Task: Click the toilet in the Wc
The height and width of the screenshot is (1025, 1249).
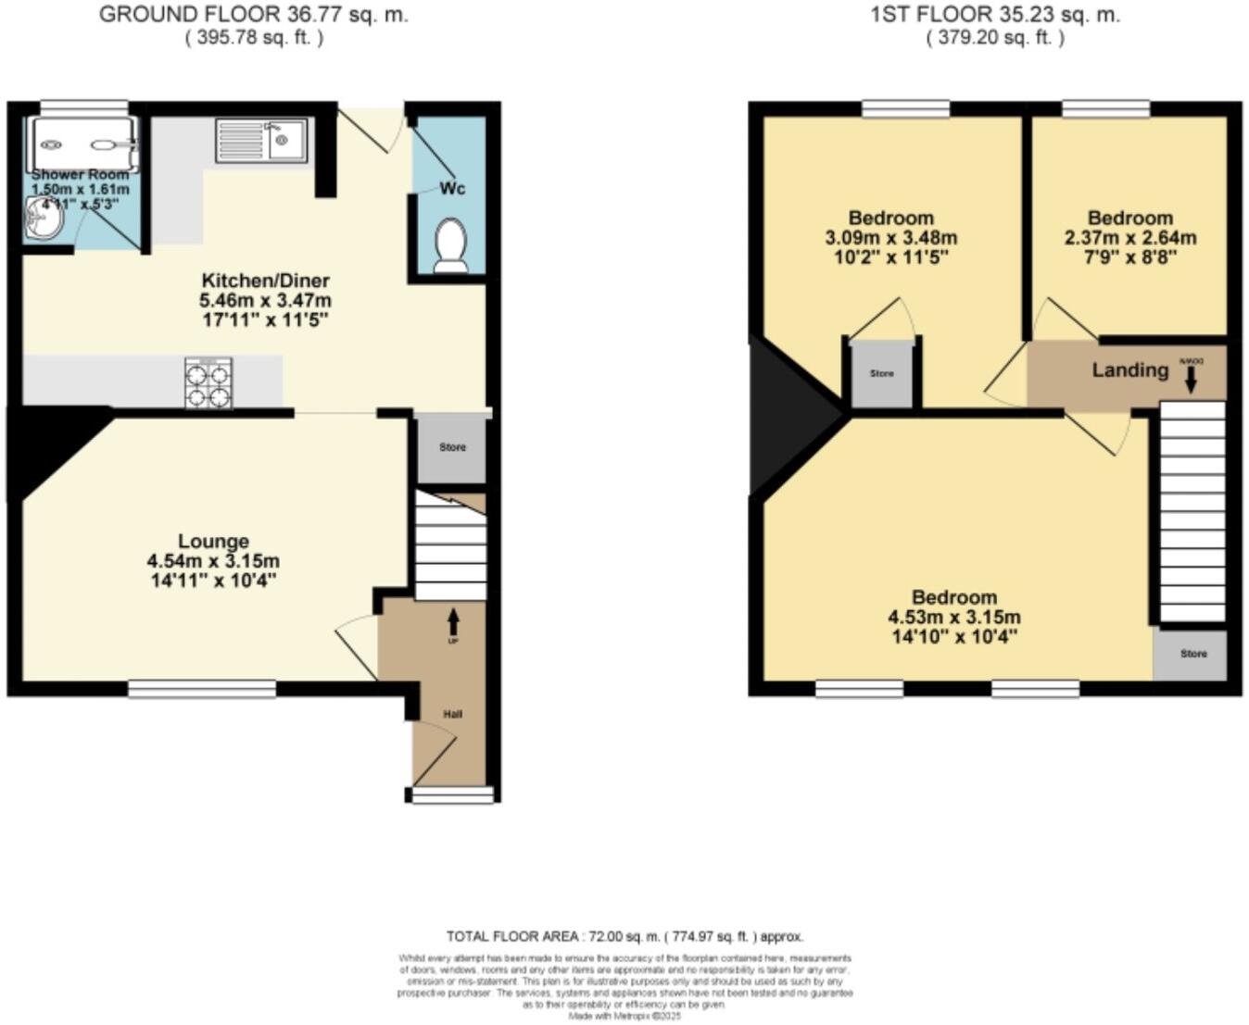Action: pyautogui.click(x=450, y=244)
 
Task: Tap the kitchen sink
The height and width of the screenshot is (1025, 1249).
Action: pyautogui.click(x=261, y=141)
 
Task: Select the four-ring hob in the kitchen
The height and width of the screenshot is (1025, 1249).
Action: pyautogui.click(x=208, y=383)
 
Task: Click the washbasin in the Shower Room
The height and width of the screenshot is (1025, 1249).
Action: pyautogui.click(x=42, y=220)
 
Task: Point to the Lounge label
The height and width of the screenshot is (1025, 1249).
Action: pyautogui.click(x=213, y=541)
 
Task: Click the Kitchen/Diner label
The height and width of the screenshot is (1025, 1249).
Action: pyautogui.click(x=265, y=281)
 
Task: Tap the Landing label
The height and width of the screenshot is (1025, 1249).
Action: pyautogui.click(x=1129, y=370)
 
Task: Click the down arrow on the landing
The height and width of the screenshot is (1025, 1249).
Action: pyautogui.click(x=1190, y=379)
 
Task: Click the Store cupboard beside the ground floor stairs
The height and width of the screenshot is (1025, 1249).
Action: pyautogui.click(x=452, y=448)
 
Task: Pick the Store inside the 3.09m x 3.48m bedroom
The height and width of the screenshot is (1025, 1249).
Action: pyautogui.click(x=882, y=374)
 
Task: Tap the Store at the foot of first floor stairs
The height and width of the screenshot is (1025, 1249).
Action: pyautogui.click(x=1193, y=654)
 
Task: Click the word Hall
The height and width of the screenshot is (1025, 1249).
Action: pyautogui.click(x=452, y=714)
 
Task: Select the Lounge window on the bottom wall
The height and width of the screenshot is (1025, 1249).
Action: pyautogui.click(x=202, y=688)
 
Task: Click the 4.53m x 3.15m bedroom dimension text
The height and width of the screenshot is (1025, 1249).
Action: pyautogui.click(x=954, y=618)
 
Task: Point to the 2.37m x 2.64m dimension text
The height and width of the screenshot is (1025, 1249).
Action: pyautogui.click(x=1130, y=238)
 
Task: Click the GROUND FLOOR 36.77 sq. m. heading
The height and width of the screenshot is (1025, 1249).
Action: pyautogui.click(x=254, y=15)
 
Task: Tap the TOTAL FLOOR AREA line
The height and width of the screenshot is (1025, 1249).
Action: pyautogui.click(x=624, y=936)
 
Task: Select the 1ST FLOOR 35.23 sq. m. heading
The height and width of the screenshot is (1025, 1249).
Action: pyautogui.click(x=995, y=15)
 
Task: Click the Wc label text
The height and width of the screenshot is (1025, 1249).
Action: pyautogui.click(x=452, y=189)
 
